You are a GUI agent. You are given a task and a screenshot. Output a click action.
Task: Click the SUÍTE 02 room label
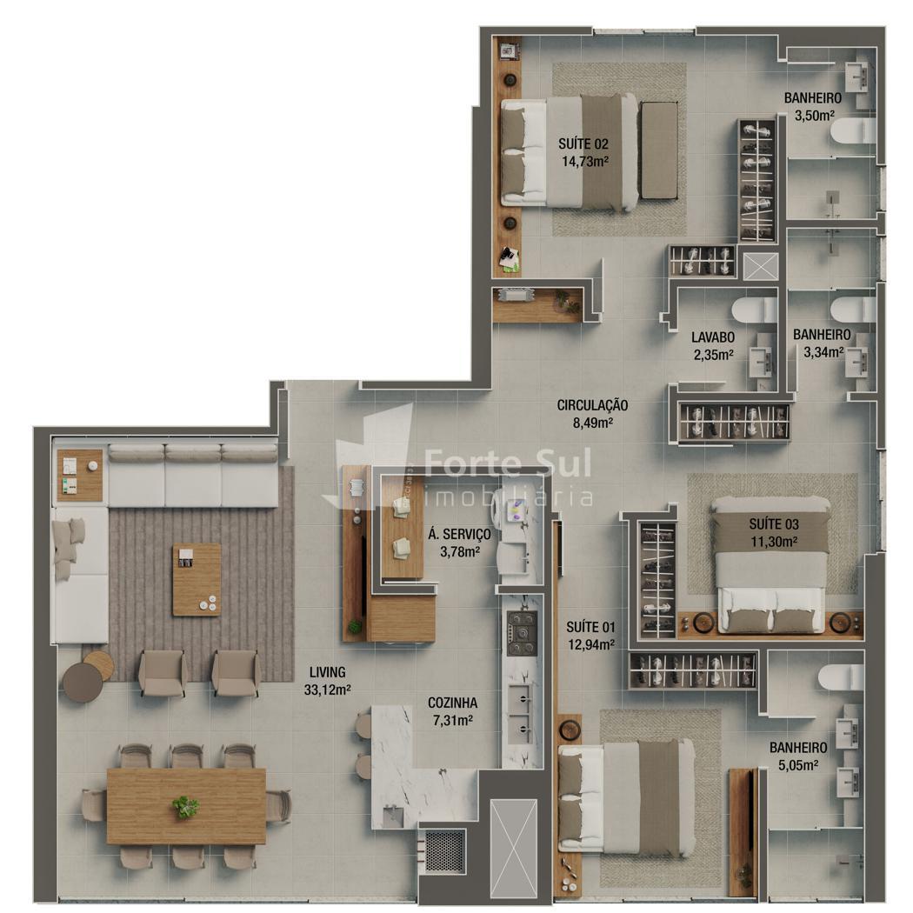pos(583,143)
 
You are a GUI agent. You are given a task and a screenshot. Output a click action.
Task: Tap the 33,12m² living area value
pos(327,690)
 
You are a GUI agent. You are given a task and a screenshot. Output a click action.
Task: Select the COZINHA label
pos(452,703)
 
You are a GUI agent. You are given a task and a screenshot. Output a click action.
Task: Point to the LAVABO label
pos(713,337)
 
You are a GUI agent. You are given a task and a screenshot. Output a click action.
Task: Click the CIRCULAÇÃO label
pos(592,405)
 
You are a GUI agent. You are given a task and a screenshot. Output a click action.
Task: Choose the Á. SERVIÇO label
pos(459,534)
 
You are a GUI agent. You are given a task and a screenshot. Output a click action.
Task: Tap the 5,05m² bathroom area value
pos(798,765)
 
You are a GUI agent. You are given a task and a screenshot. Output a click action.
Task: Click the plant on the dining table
pos(185,806)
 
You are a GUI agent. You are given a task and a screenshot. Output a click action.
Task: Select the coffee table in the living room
pos(197,579)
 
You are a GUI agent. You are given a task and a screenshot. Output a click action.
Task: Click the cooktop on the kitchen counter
pos(522,632)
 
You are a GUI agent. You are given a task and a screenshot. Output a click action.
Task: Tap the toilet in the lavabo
pos(755,310)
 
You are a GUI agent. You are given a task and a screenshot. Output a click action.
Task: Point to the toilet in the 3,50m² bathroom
pos(854,130)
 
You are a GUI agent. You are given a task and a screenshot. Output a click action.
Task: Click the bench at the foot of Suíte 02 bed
pos(659,150)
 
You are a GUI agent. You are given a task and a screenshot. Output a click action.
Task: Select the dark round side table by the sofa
pos(82,683)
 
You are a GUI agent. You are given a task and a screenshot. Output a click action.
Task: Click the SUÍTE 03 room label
pos(774,524)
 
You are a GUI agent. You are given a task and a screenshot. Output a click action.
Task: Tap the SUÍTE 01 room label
pos(590,627)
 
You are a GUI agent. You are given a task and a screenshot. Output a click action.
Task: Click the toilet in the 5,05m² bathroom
pos(840,677)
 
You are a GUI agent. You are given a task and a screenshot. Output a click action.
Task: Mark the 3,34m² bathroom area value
pos(823,351)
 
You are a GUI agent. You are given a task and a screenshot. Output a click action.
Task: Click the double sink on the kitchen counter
pos(519,713)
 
